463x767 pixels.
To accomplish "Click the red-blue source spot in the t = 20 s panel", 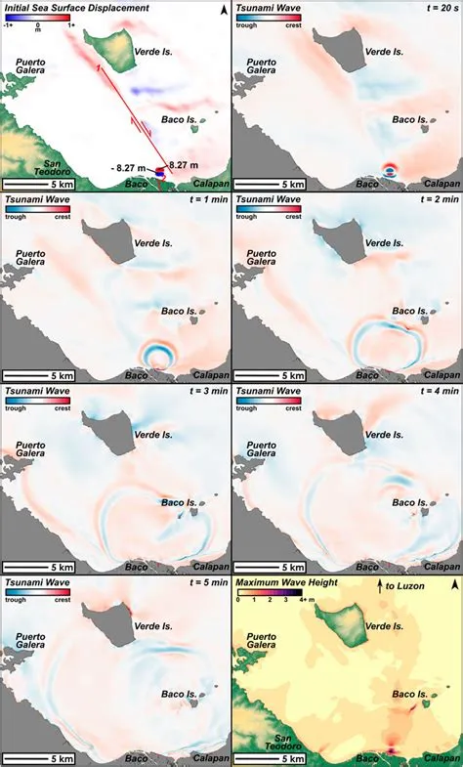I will tap(390, 169).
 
